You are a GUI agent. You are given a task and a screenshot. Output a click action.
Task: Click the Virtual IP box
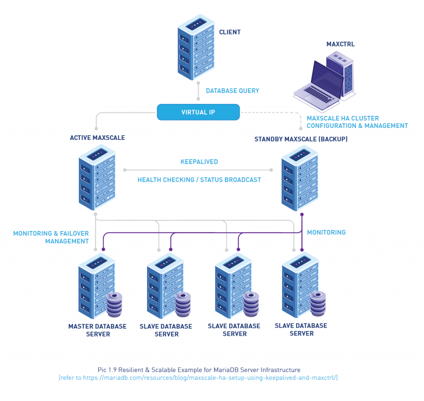[198, 112]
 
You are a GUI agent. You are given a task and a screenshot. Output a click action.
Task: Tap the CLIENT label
[229, 32]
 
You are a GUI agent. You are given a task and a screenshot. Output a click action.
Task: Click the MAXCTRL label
[340, 44]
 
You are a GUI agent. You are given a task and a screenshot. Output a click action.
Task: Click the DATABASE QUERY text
[232, 91]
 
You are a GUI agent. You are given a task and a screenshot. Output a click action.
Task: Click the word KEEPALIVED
[199, 162]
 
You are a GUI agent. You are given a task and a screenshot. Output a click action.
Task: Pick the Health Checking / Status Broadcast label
[199, 180]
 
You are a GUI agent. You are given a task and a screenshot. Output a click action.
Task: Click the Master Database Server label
[97, 330]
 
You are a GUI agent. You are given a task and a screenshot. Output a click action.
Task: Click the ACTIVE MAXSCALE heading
[97, 138]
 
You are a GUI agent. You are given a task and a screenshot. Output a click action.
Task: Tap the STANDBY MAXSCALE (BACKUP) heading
[301, 139]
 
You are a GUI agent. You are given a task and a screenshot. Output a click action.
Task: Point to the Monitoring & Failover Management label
[51, 237]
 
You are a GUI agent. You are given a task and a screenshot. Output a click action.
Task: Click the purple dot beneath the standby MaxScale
[302, 214]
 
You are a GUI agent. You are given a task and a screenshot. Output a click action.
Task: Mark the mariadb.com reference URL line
[198, 378]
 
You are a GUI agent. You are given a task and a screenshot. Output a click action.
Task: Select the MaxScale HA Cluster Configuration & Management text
[357, 122]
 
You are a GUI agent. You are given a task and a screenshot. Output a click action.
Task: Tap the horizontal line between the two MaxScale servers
[198, 170]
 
